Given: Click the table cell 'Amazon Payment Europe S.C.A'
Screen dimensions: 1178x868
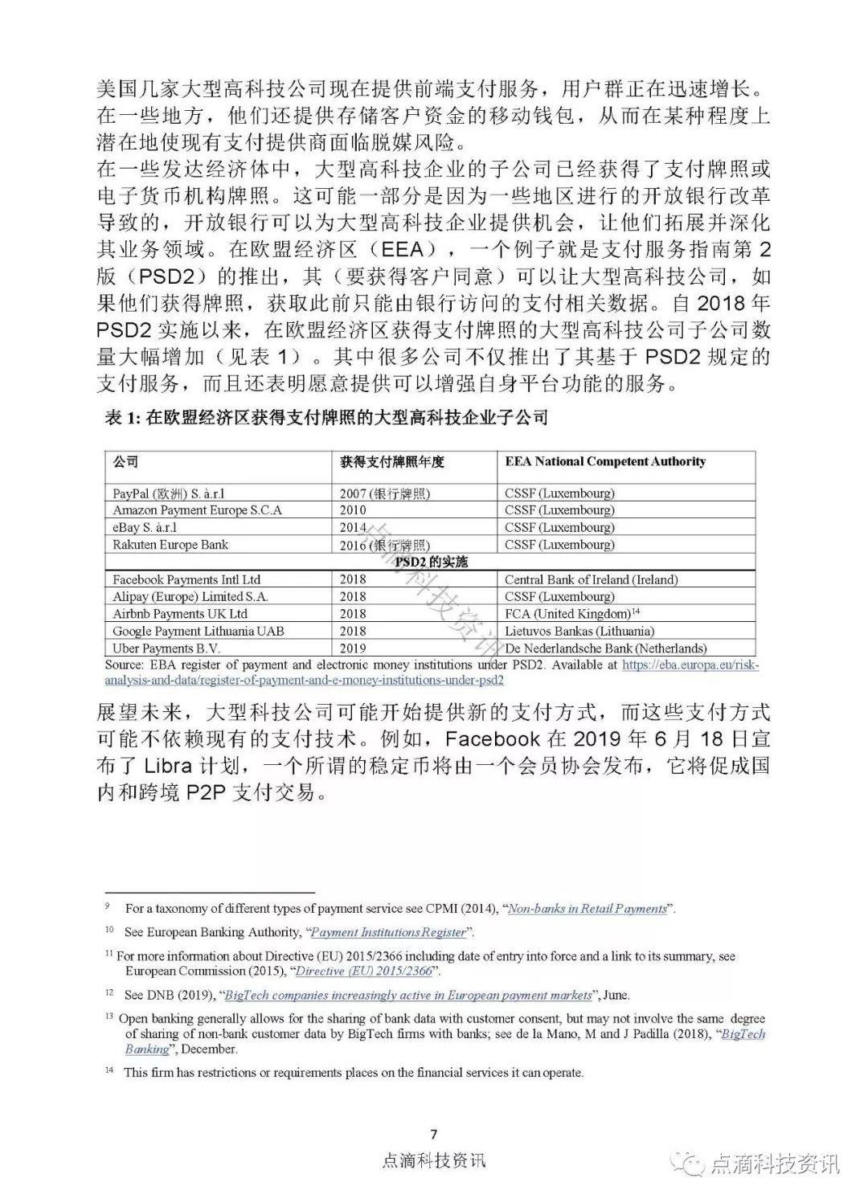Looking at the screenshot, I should pyautogui.click(x=198, y=510).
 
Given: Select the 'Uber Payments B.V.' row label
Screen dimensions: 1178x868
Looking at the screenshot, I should pyautogui.click(x=166, y=648).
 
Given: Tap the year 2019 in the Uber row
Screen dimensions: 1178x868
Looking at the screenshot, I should pyautogui.click(x=353, y=648).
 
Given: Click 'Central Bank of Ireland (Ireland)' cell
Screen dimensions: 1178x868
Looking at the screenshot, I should pyautogui.click(x=591, y=579).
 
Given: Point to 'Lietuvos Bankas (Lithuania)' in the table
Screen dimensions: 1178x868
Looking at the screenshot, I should pyautogui.click(x=579, y=631).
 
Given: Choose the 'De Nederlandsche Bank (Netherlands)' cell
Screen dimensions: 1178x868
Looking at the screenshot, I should pyautogui.click(x=605, y=648).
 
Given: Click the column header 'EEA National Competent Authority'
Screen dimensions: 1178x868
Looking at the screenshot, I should pyautogui.click(x=604, y=461).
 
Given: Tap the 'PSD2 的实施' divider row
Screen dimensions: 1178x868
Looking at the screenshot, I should pyautogui.click(x=431, y=562).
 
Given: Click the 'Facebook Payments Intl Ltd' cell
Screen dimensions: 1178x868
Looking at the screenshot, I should pyautogui.click(x=186, y=579).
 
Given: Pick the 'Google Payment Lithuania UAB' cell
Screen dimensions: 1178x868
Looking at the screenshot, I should pyautogui.click(x=199, y=631).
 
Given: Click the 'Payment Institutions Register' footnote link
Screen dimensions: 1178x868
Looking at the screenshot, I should pyautogui.click(x=388, y=932).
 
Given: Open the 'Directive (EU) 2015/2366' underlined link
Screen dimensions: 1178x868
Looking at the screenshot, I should pyautogui.click(x=364, y=971).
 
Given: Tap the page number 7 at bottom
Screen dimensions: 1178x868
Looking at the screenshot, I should pyautogui.click(x=434, y=1135).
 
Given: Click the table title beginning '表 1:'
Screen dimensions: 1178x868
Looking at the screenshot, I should pyautogui.click(x=326, y=417).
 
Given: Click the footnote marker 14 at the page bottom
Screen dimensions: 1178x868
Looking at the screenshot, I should pyautogui.click(x=110, y=1072).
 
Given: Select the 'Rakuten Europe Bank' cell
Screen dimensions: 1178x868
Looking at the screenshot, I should pyautogui.click(x=170, y=545).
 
